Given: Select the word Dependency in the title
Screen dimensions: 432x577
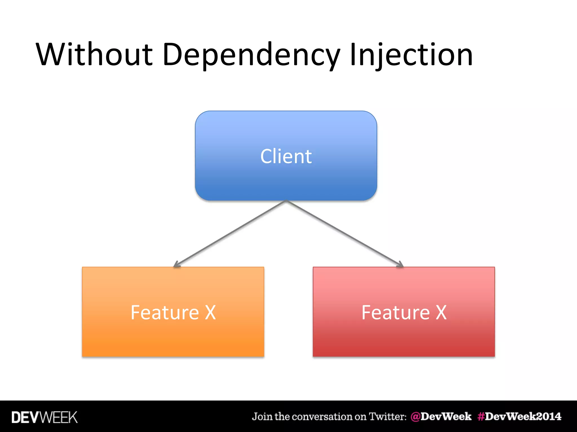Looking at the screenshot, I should click(x=251, y=55).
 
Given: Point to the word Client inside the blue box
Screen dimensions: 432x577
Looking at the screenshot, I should click(x=286, y=156).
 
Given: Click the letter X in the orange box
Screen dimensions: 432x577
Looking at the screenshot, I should click(x=210, y=312).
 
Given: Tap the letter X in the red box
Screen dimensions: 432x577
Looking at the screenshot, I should click(x=441, y=312).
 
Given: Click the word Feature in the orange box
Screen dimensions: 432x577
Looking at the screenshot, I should click(x=165, y=312).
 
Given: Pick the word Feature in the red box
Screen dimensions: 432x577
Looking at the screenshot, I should click(x=396, y=312).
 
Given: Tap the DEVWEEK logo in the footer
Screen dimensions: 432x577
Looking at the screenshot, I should click(x=45, y=417).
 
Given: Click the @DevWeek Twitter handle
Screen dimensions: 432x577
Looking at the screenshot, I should click(x=441, y=417).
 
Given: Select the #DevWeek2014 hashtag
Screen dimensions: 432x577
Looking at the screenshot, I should click(x=519, y=417).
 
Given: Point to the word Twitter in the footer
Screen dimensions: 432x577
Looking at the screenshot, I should click(x=388, y=417).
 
